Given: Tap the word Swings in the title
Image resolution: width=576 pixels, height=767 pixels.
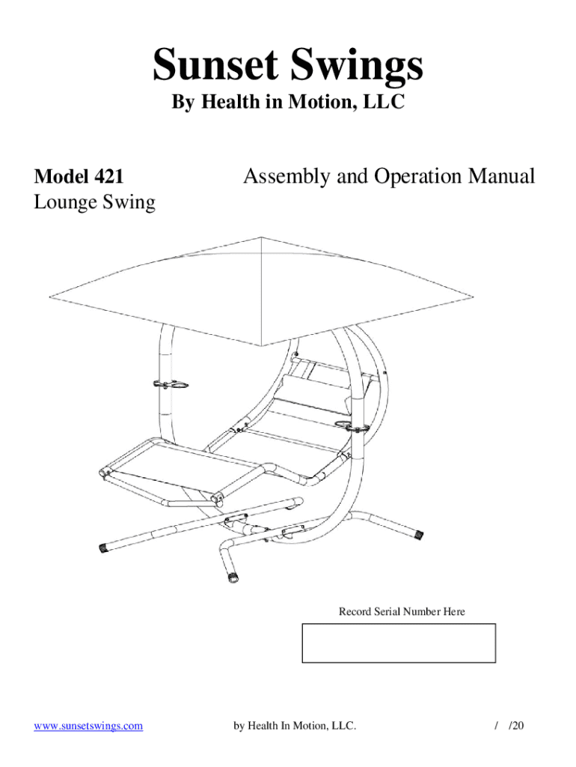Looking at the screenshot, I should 352,65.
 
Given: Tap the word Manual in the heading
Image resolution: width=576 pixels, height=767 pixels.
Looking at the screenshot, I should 501,177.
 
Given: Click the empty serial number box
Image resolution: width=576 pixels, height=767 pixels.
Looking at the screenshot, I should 398,643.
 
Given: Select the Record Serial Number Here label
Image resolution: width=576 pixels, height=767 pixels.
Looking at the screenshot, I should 402,612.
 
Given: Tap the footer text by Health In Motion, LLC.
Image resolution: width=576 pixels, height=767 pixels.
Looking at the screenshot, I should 295,726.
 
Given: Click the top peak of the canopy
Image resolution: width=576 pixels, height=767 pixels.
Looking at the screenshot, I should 261,237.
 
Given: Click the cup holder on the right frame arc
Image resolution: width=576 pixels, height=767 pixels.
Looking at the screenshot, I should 354,427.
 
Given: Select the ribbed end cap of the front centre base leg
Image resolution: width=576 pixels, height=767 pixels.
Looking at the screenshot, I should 233,577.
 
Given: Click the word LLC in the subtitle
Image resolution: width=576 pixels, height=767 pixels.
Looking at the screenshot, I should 387,103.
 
